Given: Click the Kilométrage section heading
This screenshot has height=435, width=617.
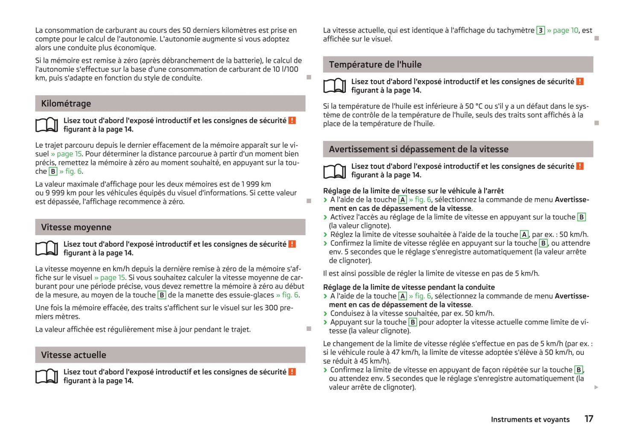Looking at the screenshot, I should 66,104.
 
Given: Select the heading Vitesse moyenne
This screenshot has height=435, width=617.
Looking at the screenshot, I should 76,228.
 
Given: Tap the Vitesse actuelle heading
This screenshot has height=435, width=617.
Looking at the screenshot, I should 73,355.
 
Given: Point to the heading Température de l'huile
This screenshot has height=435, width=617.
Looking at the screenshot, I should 375,65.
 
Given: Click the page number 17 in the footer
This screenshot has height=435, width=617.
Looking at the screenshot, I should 588,419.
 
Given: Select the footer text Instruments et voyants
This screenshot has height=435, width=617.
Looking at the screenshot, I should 530,420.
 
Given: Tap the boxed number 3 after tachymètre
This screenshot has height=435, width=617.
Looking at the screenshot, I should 540,30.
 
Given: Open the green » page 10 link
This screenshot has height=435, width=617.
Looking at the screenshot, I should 562,30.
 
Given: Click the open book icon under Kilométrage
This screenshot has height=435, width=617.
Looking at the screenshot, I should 47,125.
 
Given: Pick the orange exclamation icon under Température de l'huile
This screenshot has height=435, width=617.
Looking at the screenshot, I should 579,82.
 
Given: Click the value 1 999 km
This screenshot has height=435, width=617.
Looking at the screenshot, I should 256,184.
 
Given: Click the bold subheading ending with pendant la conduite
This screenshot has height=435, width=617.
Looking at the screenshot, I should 409,287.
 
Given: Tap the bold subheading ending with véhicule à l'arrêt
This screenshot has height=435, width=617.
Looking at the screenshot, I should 413,191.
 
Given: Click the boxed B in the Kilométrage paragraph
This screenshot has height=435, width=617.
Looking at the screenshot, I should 53,172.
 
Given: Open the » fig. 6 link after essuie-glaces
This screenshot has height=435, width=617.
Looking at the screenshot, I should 287,295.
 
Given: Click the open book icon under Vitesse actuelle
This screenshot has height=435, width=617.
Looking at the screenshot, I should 47,376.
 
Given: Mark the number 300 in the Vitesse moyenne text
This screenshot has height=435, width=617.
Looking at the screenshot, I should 271,308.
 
